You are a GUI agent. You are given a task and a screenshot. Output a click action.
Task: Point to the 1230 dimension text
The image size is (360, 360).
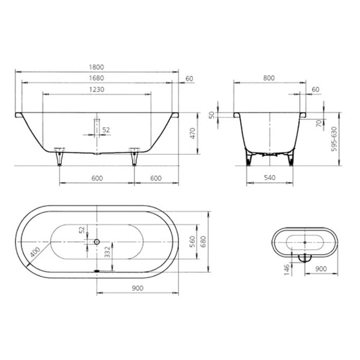pos(97,89)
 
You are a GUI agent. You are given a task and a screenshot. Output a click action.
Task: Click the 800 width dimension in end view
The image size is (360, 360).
pos(268,78)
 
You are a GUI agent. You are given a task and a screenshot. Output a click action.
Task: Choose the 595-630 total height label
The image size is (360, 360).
pos(335,138)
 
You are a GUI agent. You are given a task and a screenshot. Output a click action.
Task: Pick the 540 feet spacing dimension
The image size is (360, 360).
pos(269,178)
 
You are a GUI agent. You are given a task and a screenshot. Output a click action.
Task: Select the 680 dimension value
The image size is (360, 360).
pos(204,242)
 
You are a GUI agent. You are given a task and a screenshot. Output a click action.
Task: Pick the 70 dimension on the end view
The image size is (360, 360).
pos(319,123)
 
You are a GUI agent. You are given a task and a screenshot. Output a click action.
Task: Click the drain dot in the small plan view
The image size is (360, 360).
pos(305,241)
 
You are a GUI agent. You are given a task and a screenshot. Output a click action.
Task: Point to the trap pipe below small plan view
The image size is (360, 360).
pos(303,258)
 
